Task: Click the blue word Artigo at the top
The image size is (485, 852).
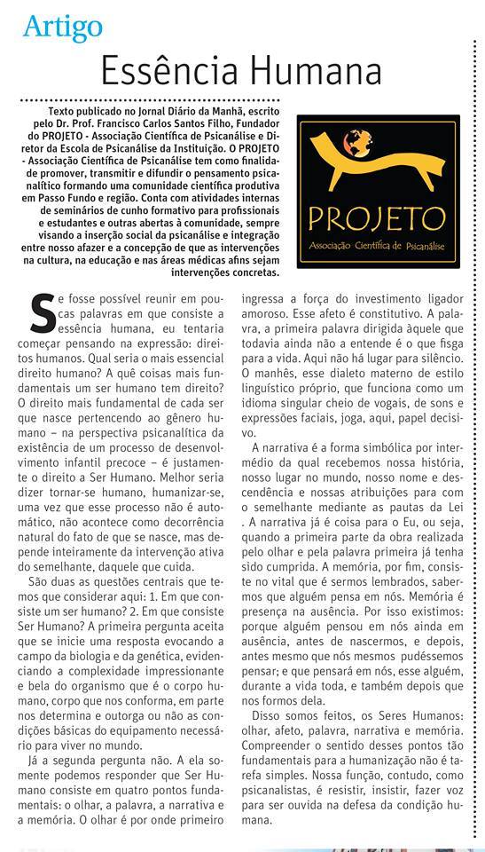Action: click(63, 28)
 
